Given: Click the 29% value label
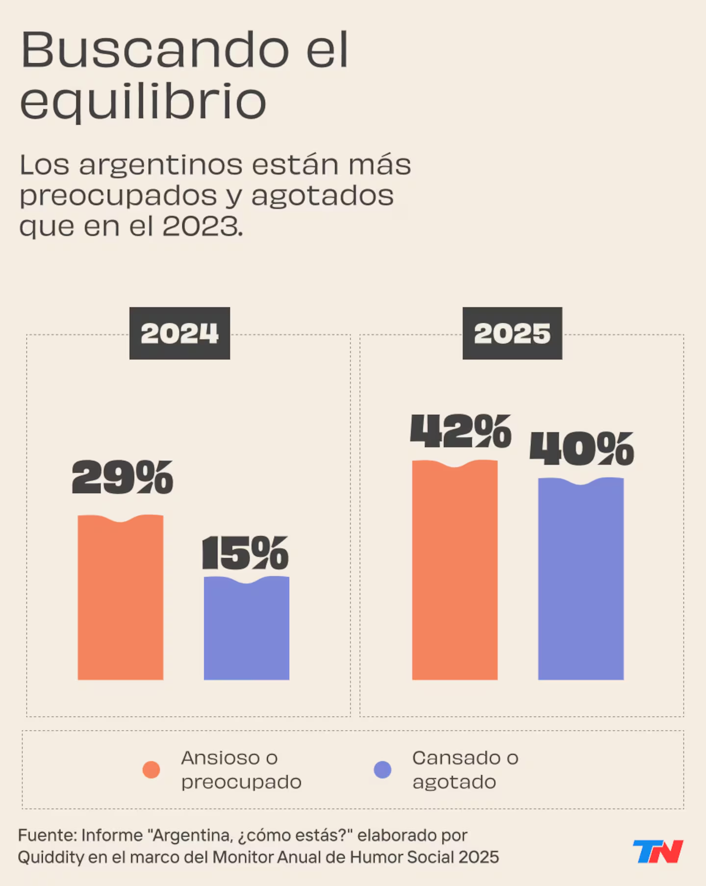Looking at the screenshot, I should point(123,477).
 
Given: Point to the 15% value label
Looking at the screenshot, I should point(246,553).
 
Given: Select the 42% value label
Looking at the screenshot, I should point(461,431).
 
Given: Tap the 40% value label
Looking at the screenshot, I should point(582,449).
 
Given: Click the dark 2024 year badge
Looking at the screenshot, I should point(179,333).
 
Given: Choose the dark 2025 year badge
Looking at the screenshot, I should point(512,333).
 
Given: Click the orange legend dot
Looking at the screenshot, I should point(151,769).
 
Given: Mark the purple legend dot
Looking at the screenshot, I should point(382,769).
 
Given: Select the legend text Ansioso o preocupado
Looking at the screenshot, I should point(241,770).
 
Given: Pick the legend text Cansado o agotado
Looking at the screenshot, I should point(465,770).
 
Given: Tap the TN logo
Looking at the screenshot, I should point(658,851).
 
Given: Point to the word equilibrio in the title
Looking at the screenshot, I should point(143,101).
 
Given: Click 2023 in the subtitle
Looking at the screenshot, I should point(202,227).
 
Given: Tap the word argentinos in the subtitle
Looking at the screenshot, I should point(161,165).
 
